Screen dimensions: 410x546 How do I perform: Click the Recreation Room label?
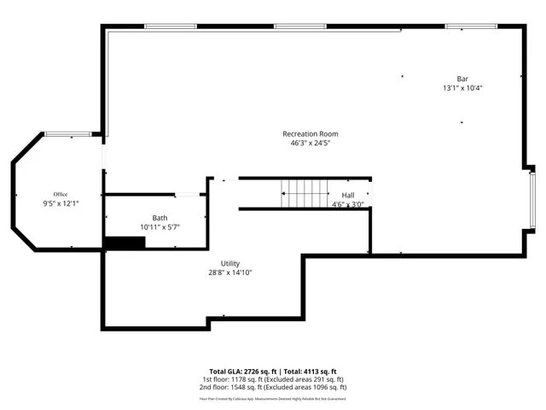311,134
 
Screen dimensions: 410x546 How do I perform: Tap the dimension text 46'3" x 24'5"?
311,143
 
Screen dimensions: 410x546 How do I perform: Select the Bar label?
462,79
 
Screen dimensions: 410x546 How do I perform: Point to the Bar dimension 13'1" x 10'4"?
462,88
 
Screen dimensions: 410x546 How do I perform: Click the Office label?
60,194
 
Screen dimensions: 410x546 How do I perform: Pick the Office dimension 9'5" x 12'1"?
60,203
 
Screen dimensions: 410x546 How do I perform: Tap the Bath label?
160,218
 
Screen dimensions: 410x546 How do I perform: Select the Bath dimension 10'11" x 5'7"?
160,227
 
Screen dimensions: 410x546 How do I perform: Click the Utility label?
230,263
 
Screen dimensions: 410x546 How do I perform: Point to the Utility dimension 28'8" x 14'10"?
230,272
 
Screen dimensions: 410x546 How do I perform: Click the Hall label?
348,196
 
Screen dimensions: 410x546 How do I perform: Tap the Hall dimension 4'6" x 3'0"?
348,205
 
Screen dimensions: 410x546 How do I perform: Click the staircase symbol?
305,194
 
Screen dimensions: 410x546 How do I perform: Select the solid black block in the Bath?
124,243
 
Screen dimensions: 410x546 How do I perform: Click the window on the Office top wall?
68,133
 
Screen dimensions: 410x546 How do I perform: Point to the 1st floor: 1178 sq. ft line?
272,379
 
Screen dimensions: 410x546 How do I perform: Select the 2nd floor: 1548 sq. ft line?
272,387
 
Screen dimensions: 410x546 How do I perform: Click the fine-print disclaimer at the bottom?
272,398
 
